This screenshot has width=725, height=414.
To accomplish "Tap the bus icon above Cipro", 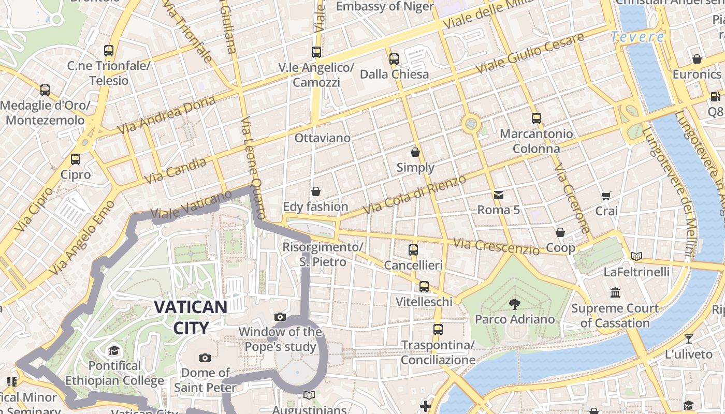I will (x=76, y=159).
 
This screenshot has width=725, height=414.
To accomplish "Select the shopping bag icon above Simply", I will (x=415, y=152).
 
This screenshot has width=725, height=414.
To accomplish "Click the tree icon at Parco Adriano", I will (x=514, y=304).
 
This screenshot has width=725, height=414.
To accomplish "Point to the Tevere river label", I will (x=637, y=37).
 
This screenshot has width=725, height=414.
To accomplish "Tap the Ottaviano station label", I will (x=322, y=138).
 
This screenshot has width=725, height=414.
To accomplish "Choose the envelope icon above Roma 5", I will (x=498, y=195).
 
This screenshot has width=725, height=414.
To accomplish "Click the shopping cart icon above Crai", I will (x=606, y=196).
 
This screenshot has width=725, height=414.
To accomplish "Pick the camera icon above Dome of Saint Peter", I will (x=205, y=358).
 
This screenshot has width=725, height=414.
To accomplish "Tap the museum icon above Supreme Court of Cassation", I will (x=615, y=293).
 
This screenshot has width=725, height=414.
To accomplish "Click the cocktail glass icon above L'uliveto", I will (x=688, y=339).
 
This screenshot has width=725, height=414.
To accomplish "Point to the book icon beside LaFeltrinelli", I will (x=636, y=256).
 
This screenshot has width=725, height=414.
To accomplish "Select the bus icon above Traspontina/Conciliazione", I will (x=438, y=329).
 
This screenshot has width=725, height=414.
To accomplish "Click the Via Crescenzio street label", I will (x=496, y=246).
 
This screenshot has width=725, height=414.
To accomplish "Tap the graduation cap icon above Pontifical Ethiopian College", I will (x=114, y=351).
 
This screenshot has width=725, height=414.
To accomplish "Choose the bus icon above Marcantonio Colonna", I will (x=536, y=118).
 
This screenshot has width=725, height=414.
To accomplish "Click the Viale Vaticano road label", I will (x=191, y=205).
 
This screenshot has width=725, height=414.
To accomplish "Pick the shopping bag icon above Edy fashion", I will (x=315, y=191).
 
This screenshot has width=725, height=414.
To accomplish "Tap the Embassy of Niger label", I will (x=385, y=7).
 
